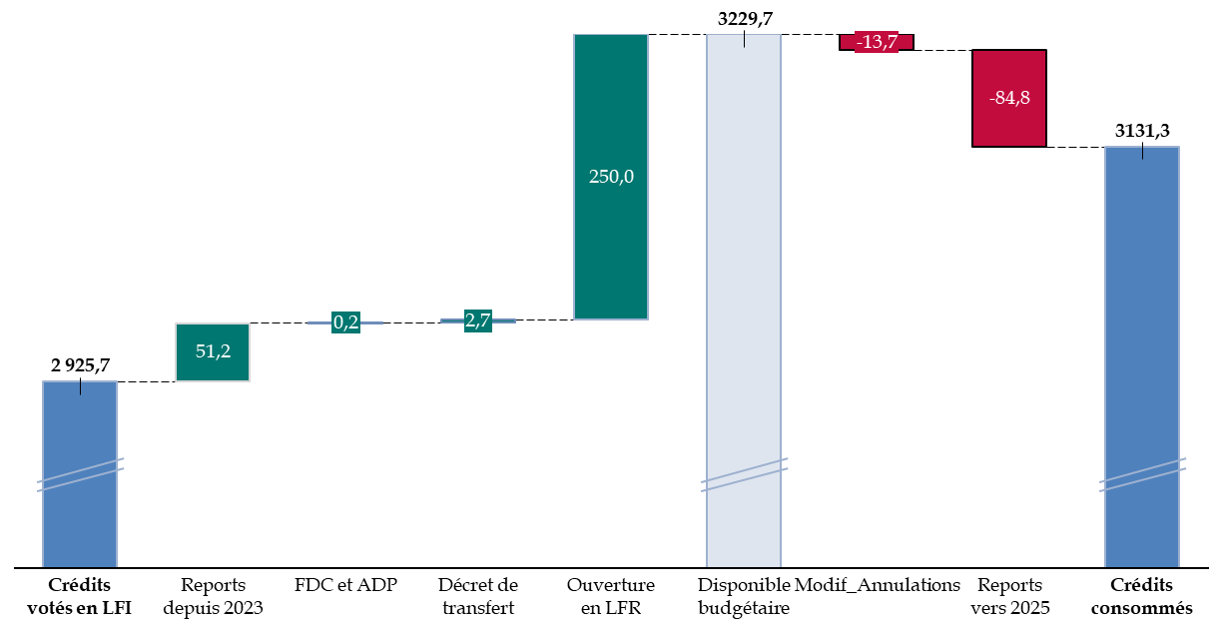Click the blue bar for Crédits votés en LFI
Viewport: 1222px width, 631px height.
click(80, 474)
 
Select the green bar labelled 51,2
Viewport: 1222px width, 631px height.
click(213, 352)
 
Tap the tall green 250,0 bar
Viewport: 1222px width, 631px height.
click(610, 177)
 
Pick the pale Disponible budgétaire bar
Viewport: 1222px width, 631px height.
click(744, 301)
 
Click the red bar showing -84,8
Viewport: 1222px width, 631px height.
click(1009, 98)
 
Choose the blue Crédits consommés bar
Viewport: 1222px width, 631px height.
click(1142, 356)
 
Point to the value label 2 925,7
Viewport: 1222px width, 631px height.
click(80, 364)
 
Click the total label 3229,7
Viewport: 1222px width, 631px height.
click(745, 19)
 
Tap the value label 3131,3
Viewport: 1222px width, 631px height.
click(1142, 131)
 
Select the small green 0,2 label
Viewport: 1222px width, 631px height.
click(345, 322)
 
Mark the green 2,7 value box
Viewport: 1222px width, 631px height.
click(478, 320)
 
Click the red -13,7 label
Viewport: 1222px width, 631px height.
click(877, 42)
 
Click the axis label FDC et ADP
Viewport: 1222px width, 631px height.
click(345, 585)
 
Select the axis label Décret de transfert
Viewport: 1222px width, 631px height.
click(478, 596)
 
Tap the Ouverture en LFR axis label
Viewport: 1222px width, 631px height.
click(611, 596)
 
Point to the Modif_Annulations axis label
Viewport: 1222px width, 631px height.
click(878, 585)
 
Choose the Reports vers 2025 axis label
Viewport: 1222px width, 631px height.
click(1009, 596)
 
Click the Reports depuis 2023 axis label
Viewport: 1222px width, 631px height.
click(213, 596)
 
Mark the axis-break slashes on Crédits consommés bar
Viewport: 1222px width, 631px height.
click(1142, 475)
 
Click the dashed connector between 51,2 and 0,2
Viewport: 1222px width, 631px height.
click(279, 323)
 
